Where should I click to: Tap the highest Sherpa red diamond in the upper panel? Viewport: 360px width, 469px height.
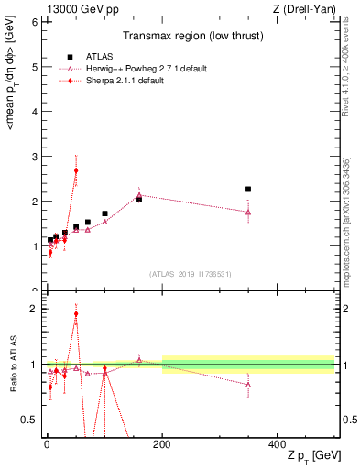tap(76, 170)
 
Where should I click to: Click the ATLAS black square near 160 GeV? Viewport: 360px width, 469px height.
tap(139, 199)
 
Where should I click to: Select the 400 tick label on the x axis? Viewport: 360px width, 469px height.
tap(277, 443)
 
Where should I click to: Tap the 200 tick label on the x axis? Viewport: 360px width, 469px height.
tap(162, 443)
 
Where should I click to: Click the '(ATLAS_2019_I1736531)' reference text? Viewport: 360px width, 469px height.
tap(189, 273)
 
